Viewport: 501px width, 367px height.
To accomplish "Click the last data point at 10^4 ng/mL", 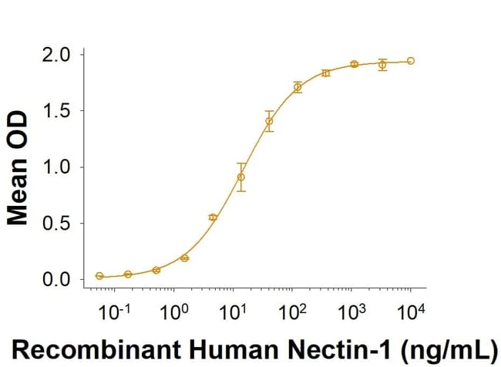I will coord(411,60).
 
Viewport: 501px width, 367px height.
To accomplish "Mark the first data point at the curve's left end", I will coord(99,276).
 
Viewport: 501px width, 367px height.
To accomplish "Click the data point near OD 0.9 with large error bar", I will coord(241,177).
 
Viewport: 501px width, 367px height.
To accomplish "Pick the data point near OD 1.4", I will coord(269,121).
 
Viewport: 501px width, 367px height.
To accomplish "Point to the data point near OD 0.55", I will coord(213,217).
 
